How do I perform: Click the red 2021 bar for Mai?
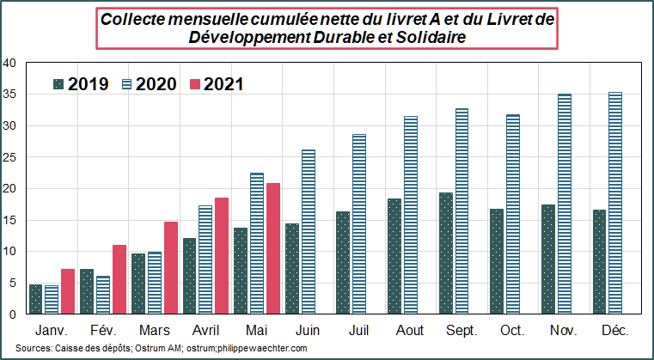[x=273, y=248]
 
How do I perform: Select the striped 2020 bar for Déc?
[x=614, y=203]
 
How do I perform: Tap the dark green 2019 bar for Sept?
[x=445, y=253]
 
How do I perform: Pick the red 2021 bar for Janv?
[x=68, y=291]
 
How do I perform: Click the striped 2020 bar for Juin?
[x=309, y=232]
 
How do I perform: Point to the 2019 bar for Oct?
[x=497, y=261]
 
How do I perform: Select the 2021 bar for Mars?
[x=171, y=268]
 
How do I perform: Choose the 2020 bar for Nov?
[x=565, y=204]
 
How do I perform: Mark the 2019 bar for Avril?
[x=189, y=276]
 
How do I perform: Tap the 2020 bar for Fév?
[x=103, y=295]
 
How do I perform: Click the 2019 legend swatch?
[x=58, y=84]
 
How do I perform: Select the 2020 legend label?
[x=156, y=84]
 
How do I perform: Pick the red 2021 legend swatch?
[x=195, y=84]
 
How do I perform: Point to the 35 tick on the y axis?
[x=9, y=95]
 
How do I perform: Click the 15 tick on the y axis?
[x=9, y=220]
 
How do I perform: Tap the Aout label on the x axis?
[x=410, y=331]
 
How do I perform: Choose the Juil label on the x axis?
[x=358, y=331]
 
